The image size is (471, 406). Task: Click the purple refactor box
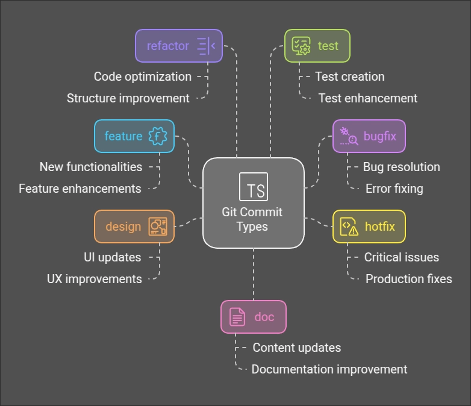click(178, 46)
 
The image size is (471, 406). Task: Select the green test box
click(317, 46)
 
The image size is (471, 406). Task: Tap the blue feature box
click(134, 136)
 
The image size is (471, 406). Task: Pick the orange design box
click(134, 226)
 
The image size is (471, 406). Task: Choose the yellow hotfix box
click(369, 226)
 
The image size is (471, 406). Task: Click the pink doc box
click(253, 317)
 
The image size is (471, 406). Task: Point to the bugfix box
click(369, 136)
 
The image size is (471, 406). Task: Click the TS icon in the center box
click(254, 187)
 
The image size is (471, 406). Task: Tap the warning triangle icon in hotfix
click(353, 230)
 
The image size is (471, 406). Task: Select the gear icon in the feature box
click(157, 136)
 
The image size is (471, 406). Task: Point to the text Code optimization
click(143, 77)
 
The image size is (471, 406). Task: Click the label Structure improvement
click(128, 98)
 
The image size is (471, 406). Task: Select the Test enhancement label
click(367, 98)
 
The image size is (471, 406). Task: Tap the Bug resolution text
click(401, 167)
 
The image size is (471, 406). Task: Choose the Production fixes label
click(408, 279)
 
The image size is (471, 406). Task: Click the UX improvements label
click(95, 279)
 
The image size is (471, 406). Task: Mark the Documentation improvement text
click(329, 369)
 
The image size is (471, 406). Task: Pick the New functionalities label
click(91, 167)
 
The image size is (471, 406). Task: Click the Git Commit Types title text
click(252, 219)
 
